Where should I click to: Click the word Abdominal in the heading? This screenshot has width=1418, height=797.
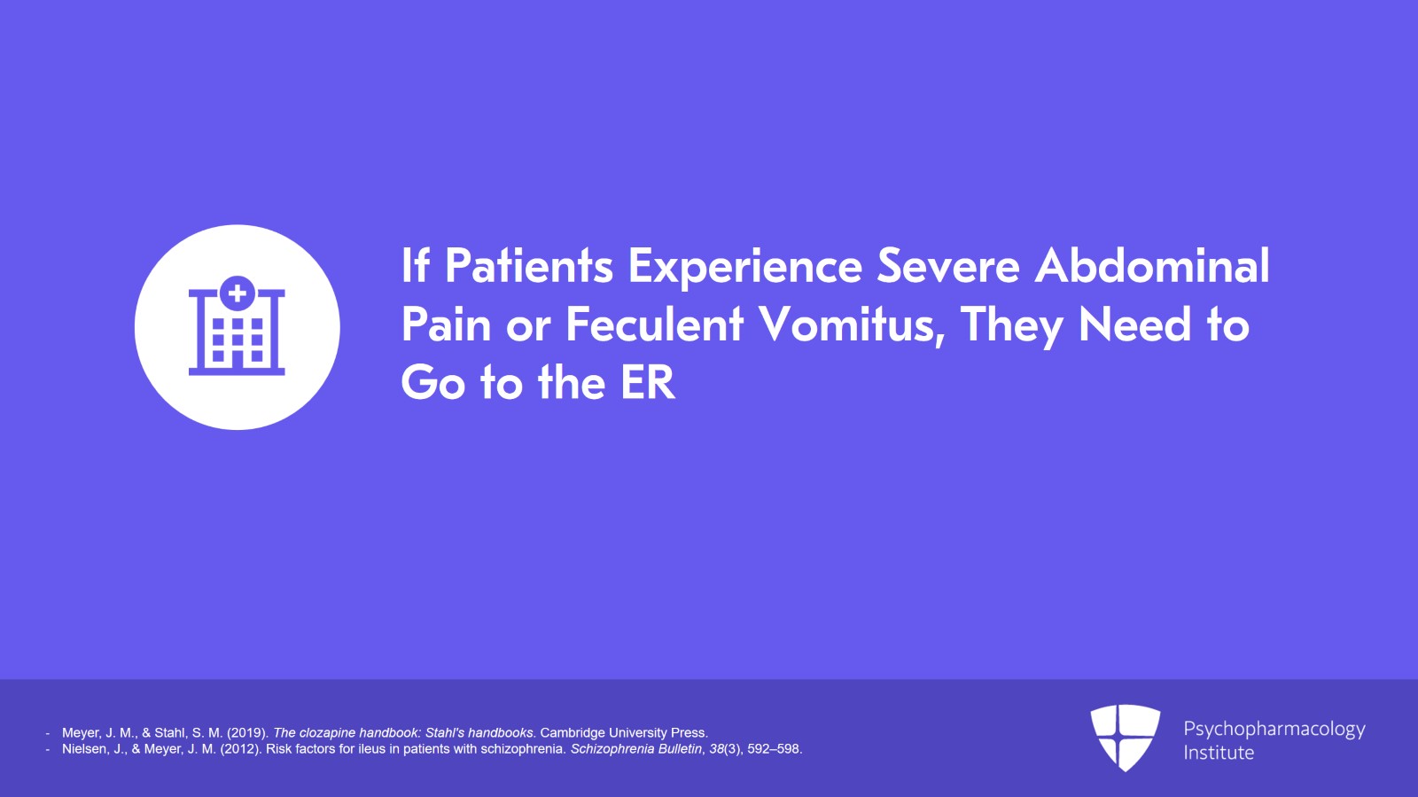point(1151,265)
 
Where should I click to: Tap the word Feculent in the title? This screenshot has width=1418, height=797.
point(655,324)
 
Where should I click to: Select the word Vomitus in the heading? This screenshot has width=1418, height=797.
point(852,324)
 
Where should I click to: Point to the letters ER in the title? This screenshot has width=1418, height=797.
point(648,382)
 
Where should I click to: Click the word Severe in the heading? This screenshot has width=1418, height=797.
point(948,266)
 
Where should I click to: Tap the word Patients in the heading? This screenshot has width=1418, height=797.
point(529,266)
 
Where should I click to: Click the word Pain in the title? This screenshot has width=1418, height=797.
point(447,324)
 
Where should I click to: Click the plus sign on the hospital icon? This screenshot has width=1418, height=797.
point(238,293)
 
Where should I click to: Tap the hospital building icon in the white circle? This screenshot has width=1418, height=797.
point(237,326)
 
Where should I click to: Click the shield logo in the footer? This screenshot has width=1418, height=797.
point(1125,738)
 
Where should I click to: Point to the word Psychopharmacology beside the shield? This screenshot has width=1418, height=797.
point(1274,730)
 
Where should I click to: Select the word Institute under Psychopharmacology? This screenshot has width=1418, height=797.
point(1219,753)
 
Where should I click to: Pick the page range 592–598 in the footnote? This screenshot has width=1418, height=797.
point(775,749)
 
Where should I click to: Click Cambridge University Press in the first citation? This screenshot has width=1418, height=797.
point(624,733)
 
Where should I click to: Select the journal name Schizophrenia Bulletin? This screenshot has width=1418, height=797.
point(637,749)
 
